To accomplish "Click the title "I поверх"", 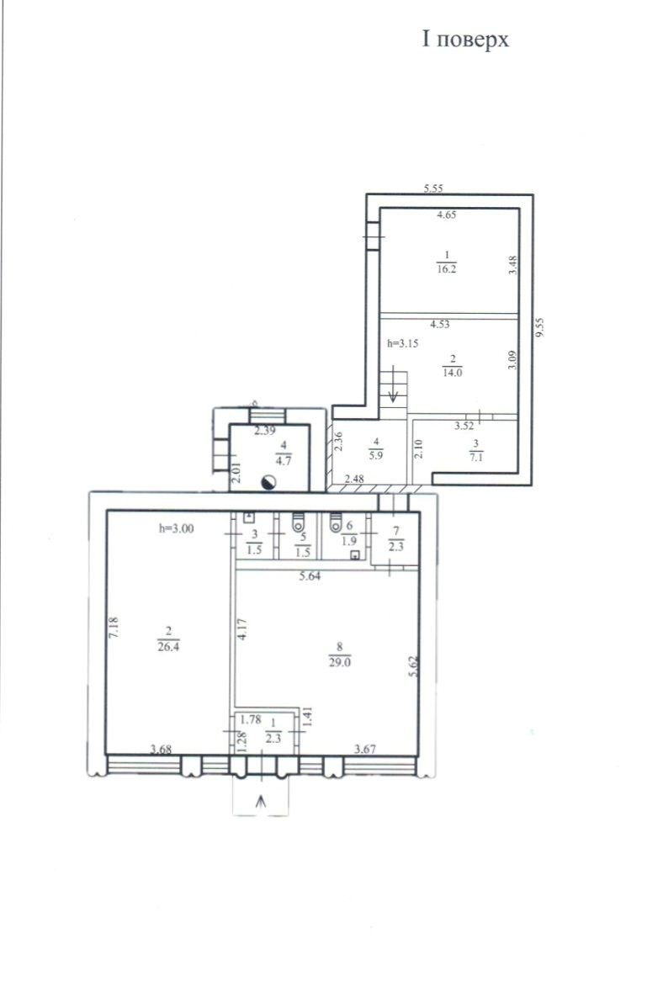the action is [465, 40].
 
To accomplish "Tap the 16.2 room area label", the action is [447, 268].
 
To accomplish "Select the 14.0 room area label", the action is [452, 372].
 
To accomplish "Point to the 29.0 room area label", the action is [340, 662].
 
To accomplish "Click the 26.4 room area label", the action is [168, 646].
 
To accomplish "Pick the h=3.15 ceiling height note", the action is [402, 343].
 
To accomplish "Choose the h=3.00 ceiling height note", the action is [176, 528].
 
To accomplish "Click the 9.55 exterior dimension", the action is [539, 327].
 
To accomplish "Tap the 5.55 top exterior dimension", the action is [434, 188].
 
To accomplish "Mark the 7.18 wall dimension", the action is [114, 628].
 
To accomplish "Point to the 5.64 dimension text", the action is [310, 575].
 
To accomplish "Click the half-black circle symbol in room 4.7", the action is [268, 482].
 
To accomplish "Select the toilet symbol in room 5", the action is [299, 522].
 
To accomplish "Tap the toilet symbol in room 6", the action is [335, 522].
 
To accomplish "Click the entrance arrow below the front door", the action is [261, 801].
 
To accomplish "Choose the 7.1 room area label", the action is [476, 457].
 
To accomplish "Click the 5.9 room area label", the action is [375, 455].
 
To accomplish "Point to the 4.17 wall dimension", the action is [242, 629].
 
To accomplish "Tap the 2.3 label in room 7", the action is [396, 545].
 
